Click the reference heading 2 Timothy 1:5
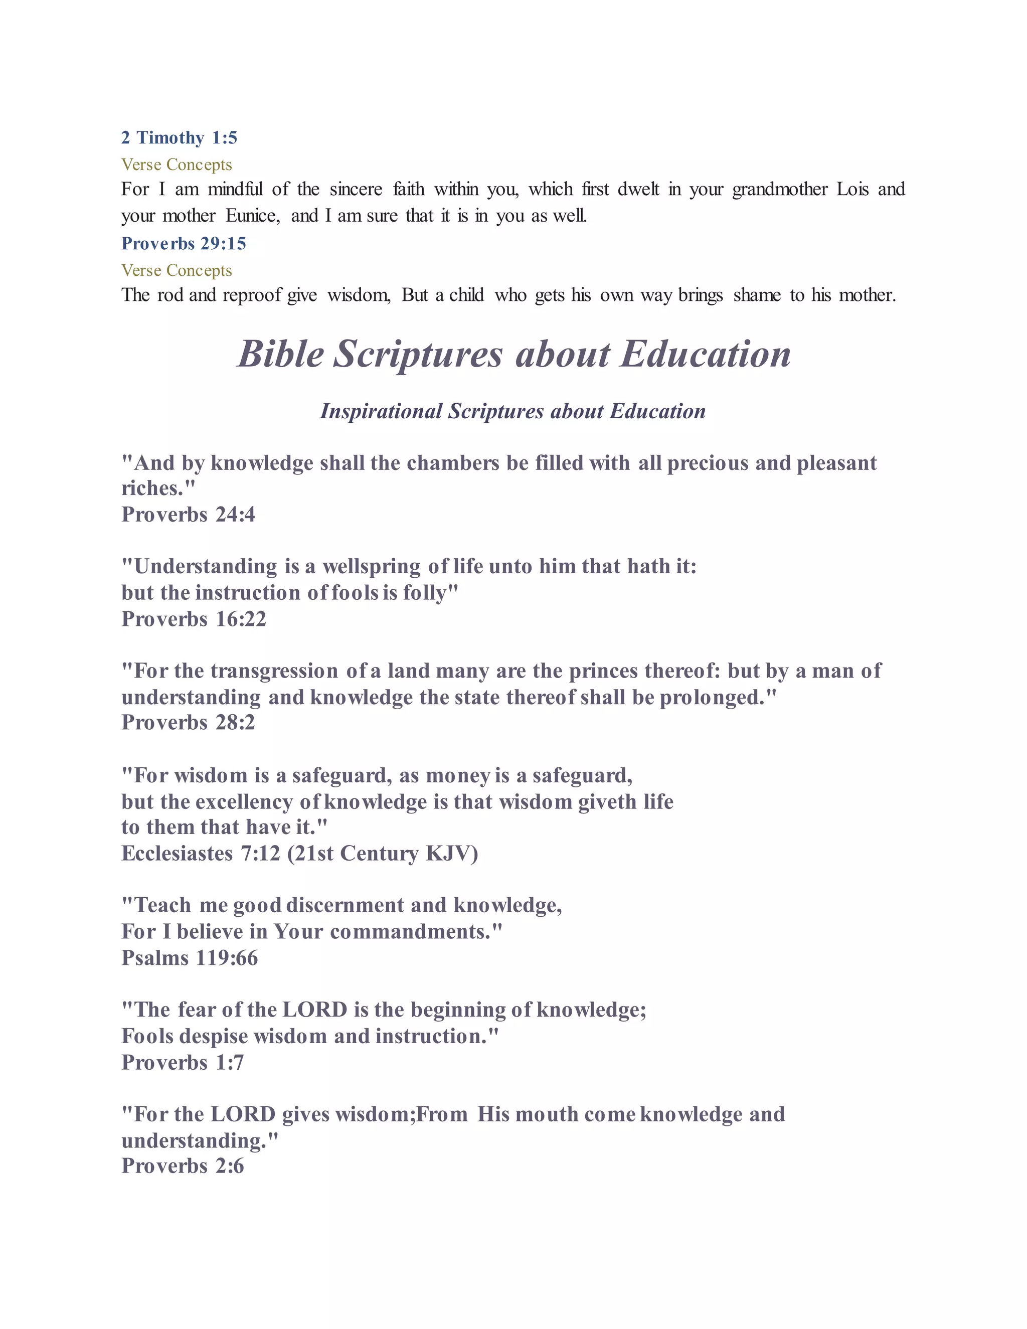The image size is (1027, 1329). click(x=179, y=137)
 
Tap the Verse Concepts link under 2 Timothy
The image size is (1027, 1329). click(x=177, y=164)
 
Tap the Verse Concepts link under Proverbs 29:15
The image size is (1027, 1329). click(x=177, y=270)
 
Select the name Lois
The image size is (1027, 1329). click(x=852, y=189)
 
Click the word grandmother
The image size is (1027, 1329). click(x=779, y=189)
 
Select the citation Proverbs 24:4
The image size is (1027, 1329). click(x=188, y=515)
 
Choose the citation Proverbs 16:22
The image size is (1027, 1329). click(x=194, y=619)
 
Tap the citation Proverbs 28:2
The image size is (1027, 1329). click(x=188, y=722)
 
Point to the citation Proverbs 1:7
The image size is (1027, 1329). click(x=183, y=1063)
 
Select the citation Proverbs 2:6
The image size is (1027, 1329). click(x=183, y=1166)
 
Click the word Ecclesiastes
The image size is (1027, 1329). click(x=177, y=853)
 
